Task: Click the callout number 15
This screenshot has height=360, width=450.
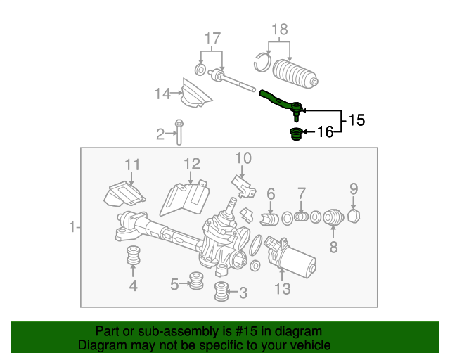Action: pyautogui.click(x=356, y=120)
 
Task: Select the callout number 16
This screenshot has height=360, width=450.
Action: pyautogui.click(x=325, y=131)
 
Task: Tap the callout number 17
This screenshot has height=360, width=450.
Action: pyautogui.click(x=212, y=38)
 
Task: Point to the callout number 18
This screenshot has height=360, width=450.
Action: pyautogui.click(x=280, y=30)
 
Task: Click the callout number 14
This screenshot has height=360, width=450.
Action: pyautogui.click(x=163, y=93)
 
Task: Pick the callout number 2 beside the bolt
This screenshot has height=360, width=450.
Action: pyautogui.click(x=160, y=133)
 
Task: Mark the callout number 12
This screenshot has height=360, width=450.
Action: pyautogui.click(x=192, y=165)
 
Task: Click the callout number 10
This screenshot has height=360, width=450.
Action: pyautogui.click(x=243, y=157)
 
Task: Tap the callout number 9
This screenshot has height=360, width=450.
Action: pyautogui.click(x=354, y=188)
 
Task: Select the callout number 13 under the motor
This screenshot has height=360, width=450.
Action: pyautogui.click(x=282, y=288)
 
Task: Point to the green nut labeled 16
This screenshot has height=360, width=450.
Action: pyautogui.click(x=296, y=134)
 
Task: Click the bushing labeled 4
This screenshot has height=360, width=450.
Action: pyautogui.click(x=131, y=257)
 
